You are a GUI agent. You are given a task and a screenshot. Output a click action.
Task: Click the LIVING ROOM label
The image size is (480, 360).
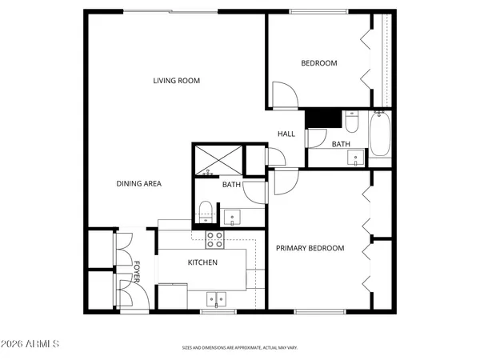pos(177,80)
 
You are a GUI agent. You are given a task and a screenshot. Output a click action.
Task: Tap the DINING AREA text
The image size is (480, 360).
pos(139,183)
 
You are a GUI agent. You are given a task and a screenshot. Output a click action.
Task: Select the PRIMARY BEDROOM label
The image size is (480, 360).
pos(310,248)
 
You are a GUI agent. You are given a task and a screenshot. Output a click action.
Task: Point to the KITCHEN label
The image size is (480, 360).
pos(202,262)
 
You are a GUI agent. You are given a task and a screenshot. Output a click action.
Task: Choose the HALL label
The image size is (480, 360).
pos(287,134)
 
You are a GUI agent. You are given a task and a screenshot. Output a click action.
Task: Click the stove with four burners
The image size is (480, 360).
pos(214,239)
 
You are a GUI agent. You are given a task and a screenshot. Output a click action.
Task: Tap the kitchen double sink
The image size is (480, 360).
pos(215,300)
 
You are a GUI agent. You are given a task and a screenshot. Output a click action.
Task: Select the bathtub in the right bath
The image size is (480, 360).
pos(380,134)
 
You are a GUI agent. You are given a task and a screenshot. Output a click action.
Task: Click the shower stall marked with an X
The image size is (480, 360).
pos(218,159)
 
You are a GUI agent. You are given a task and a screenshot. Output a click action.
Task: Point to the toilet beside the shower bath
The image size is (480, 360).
pos(206,211)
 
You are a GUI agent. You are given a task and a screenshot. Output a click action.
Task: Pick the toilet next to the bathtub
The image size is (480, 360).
pos(352,122)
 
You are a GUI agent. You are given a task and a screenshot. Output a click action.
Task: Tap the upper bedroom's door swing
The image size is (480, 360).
pos(283,94)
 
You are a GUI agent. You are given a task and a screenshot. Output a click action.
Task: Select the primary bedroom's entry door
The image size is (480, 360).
pos(283,182)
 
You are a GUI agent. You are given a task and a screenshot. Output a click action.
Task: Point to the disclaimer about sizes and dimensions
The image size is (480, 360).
pos(239,348)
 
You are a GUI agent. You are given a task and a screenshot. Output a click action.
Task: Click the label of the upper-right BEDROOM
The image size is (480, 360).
pos(318,63)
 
